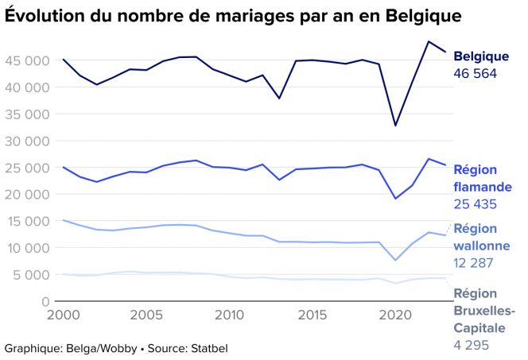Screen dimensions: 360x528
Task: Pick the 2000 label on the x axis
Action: coord(63,315)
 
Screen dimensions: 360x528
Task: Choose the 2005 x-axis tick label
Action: coord(146,315)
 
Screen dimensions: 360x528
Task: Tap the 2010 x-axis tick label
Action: coord(231,315)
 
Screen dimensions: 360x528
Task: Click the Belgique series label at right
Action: coord(481,56)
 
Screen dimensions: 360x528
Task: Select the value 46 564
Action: coord(475,74)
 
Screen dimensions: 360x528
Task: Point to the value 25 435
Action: coord(475,204)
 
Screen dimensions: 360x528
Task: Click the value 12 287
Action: coord(474,263)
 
